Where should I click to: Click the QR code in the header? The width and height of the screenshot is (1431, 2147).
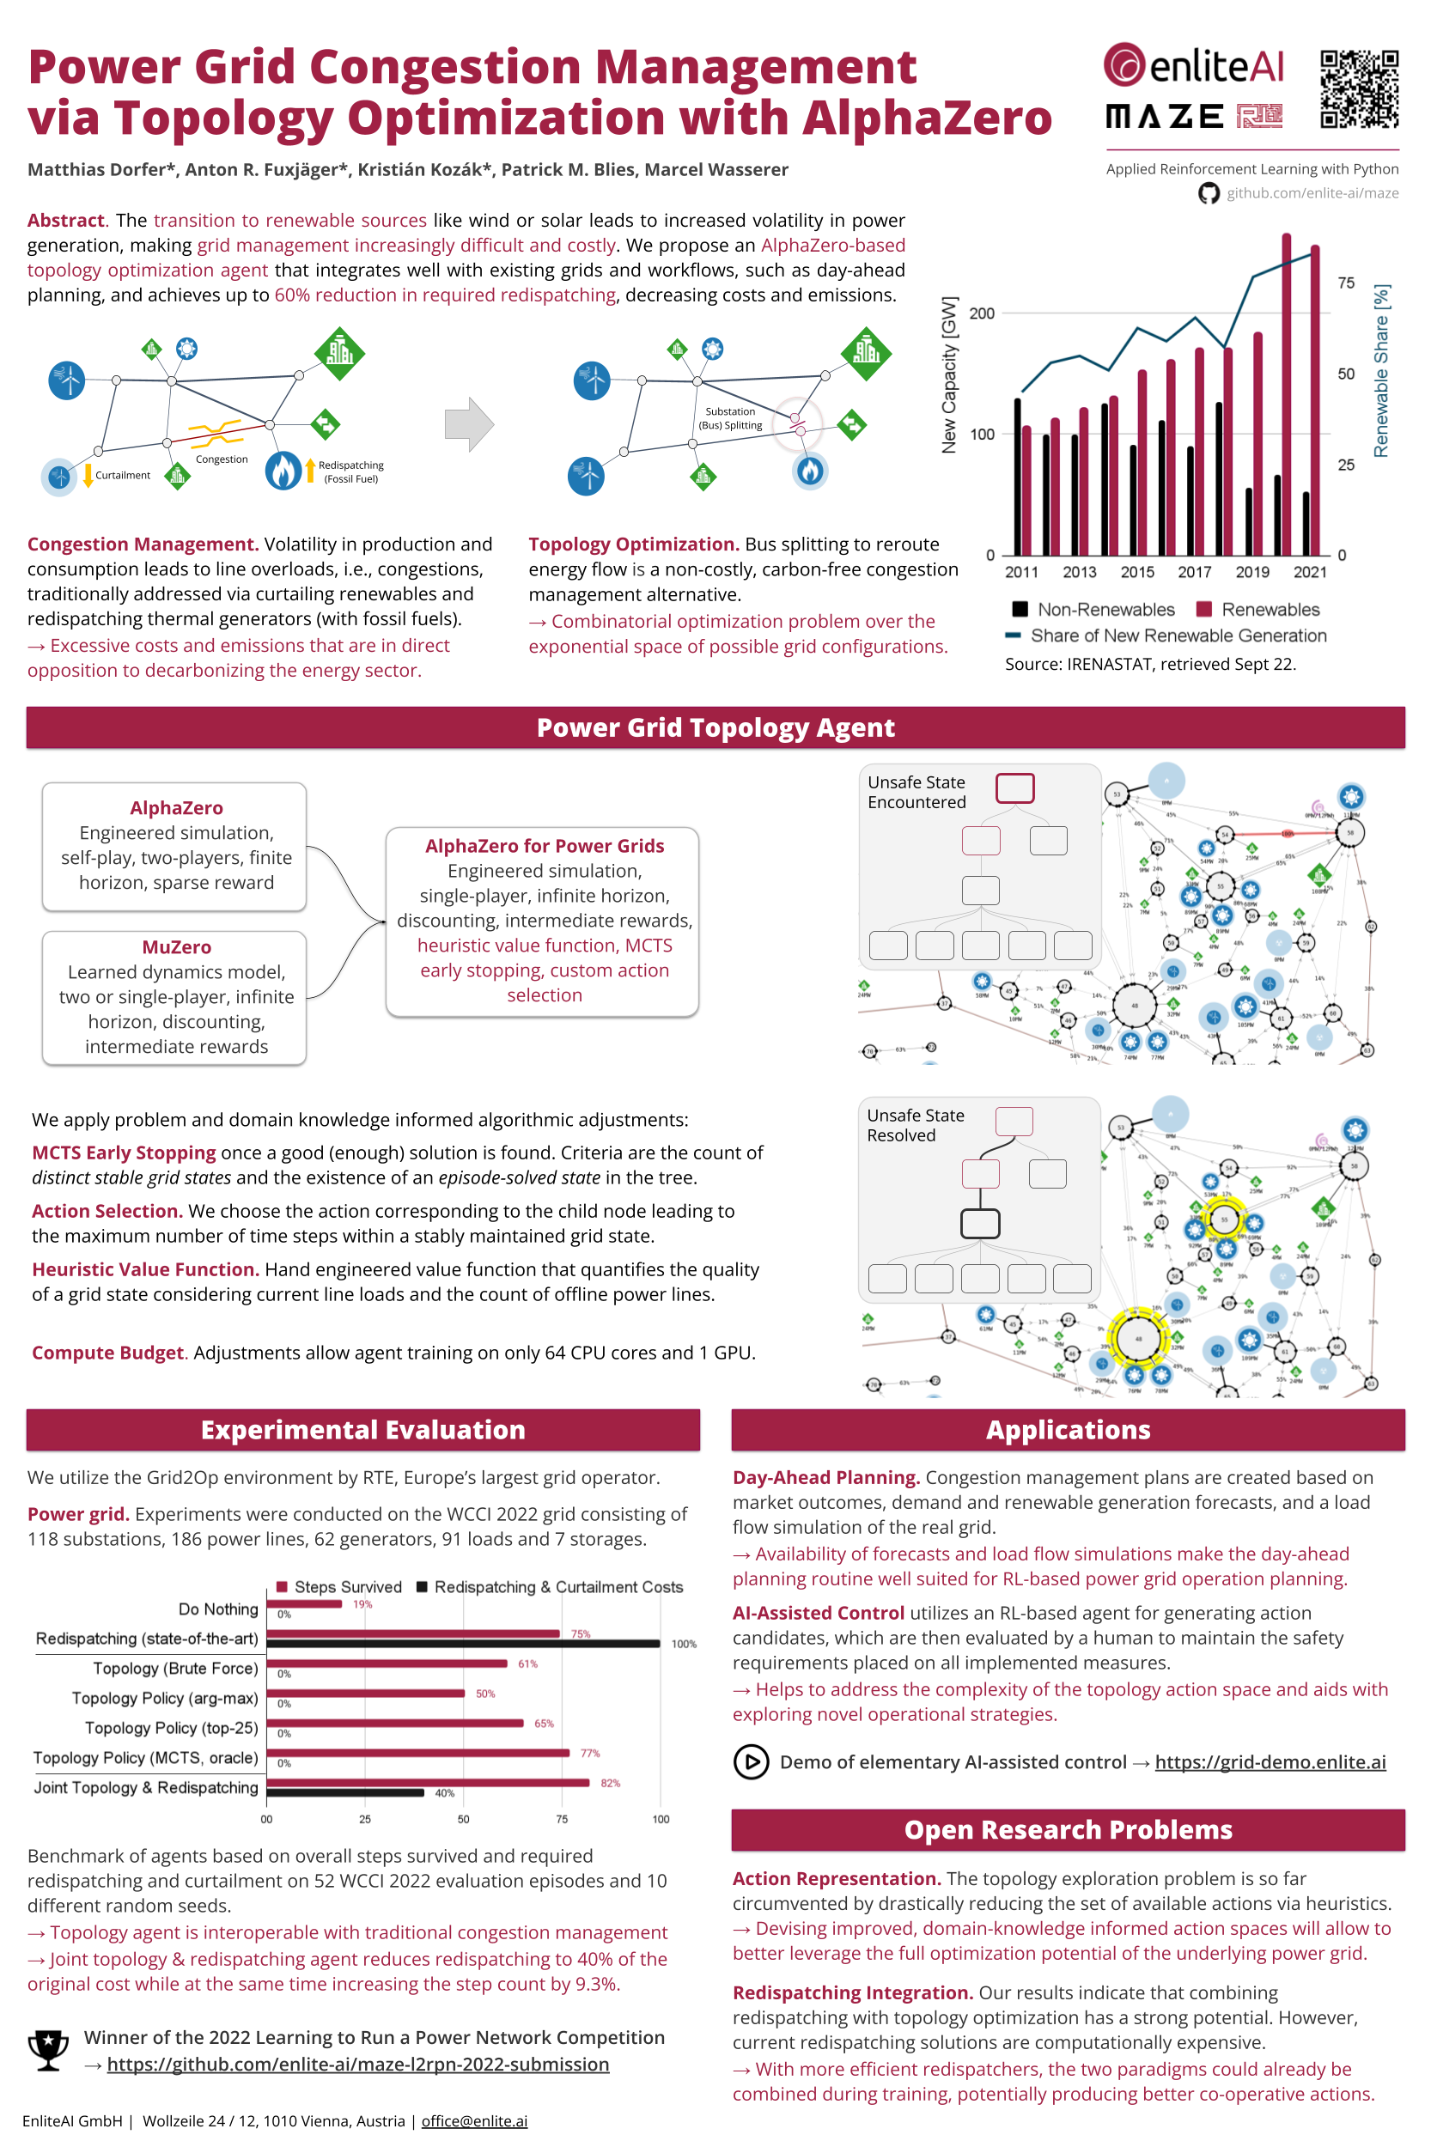(x=1358, y=89)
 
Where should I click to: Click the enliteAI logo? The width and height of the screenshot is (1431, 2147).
(x=1193, y=65)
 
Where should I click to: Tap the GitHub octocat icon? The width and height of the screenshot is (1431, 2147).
(x=1209, y=193)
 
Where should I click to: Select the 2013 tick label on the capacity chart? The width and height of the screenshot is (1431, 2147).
(x=1079, y=572)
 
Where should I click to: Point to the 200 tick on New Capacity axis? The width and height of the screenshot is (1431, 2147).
(x=982, y=313)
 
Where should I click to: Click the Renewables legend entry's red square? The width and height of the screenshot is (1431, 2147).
(x=1203, y=610)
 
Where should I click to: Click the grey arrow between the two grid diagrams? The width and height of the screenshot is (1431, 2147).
(x=469, y=424)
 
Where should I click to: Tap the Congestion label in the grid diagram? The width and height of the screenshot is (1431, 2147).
(x=222, y=459)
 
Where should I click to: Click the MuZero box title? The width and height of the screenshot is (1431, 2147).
(x=176, y=947)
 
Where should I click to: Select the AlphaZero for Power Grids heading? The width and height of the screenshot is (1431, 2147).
(x=544, y=846)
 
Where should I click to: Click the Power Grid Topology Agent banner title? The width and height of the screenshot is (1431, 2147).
(x=715, y=728)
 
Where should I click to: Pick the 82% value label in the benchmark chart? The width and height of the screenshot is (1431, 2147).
(x=610, y=1783)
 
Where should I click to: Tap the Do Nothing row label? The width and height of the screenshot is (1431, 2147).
(x=218, y=1609)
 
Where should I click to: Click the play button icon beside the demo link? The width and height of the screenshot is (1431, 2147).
(x=750, y=1762)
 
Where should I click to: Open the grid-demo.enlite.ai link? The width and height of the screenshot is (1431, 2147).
(x=1270, y=1762)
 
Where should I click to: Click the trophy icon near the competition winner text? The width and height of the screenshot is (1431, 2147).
(x=48, y=2049)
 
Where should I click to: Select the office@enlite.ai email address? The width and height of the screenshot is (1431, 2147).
(x=473, y=2120)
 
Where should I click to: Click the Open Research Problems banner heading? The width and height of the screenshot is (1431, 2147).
(x=1068, y=1829)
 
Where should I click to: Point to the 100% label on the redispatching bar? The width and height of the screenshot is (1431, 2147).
(x=684, y=1645)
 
